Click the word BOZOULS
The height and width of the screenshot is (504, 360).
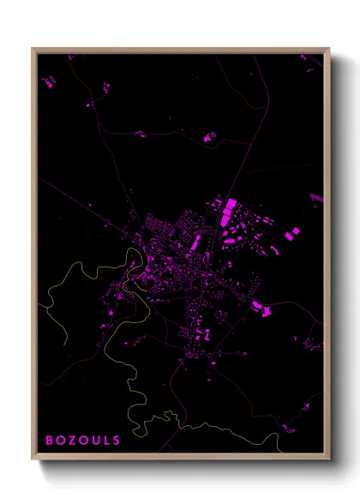(x=82, y=440)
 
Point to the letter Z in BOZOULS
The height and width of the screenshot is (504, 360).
(x=71, y=440)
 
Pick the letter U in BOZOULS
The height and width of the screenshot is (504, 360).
(x=94, y=440)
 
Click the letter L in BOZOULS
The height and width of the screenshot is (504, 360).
(x=105, y=440)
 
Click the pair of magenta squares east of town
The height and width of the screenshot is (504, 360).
(x=291, y=233)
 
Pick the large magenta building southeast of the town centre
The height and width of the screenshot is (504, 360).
(x=256, y=304)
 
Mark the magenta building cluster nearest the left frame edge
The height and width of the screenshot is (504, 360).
(x=48, y=82)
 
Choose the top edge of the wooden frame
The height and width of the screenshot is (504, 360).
(x=180, y=50)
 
